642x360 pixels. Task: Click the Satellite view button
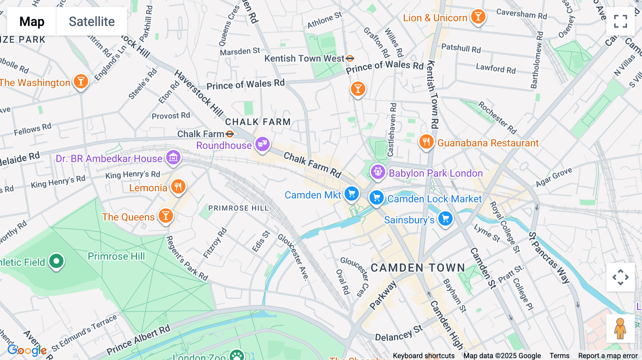tap(92, 21)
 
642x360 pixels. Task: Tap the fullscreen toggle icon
tap(620, 21)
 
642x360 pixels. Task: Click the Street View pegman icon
tap(620, 329)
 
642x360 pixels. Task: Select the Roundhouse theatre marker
tap(262, 144)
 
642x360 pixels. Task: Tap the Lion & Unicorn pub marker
tap(478, 16)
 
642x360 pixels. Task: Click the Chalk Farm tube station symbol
tap(230, 134)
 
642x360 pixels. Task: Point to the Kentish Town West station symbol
tap(350, 58)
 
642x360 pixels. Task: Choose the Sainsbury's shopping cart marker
tap(445, 219)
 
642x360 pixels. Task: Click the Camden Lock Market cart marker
tap(376, 197)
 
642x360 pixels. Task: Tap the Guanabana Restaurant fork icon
tap(426, 142)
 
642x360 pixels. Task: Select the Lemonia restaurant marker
tap(178, 186)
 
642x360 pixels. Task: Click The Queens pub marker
tap(165, 216)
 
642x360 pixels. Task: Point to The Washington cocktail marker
tap(81, 82)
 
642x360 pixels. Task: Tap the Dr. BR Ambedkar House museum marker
tap(173, 157)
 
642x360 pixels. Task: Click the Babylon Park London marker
tap(378, 172)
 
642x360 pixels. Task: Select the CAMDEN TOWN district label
tap(418, 268)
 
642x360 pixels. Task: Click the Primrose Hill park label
tap(116, 256)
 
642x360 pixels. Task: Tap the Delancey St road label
tap(398, 334)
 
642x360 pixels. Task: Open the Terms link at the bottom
tap(559, 356)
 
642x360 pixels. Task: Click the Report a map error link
tap(608, 356)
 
